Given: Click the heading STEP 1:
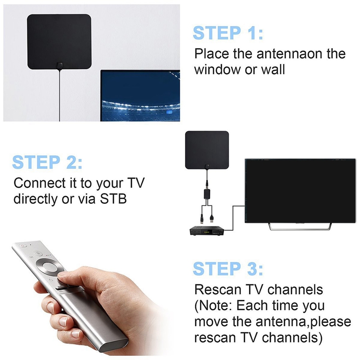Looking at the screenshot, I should coord(228,33).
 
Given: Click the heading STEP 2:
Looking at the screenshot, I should coord(47,162).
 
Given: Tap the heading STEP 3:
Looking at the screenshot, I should coord(228,268).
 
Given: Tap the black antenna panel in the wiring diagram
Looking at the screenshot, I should coord(207,148).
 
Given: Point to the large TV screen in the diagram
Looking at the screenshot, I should coord(297,191).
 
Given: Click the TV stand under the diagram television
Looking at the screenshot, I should coord(297,226).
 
